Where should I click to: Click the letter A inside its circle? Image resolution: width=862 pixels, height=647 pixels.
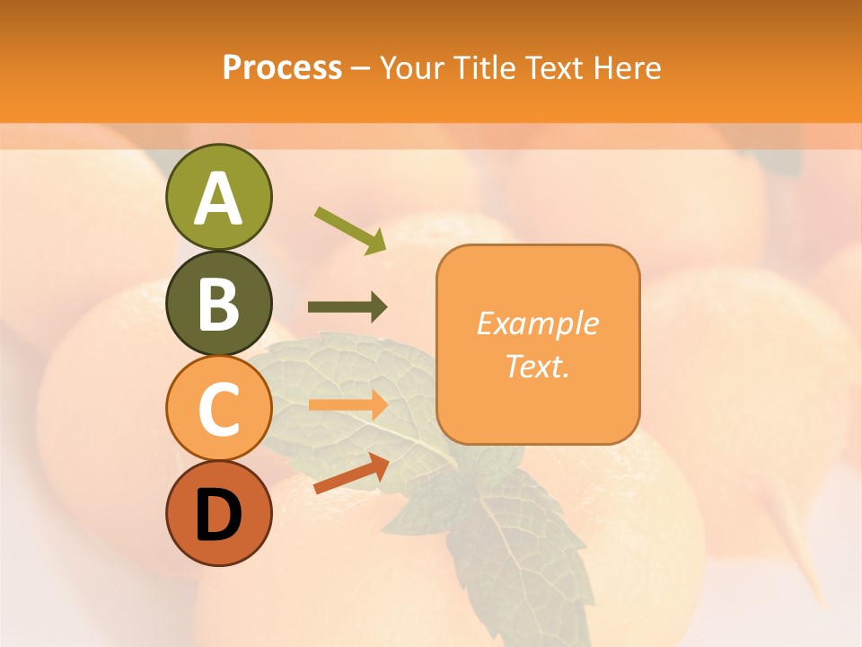tap(218, 199)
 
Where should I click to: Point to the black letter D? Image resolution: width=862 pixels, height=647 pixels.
tap(218, 516)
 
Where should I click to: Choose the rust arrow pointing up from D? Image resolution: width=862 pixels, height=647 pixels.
tap(351, 474)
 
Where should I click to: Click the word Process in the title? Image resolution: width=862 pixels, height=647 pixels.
tap(282, 68)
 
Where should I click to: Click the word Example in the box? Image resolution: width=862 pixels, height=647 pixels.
tap(537, 323)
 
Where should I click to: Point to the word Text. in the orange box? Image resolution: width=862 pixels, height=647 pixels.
tap(537, 366)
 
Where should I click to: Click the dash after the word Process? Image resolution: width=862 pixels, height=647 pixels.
tap(361, 69)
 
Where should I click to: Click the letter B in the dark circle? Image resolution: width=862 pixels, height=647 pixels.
tap(218, 305)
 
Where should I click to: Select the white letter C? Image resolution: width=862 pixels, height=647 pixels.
tap(218, 411)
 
